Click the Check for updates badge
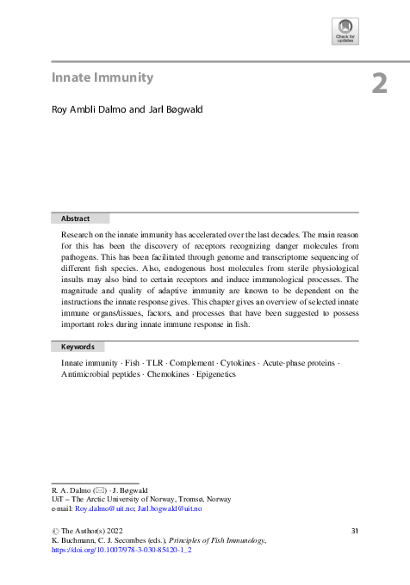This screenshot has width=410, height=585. (x=345, y=31)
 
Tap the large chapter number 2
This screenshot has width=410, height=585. (x=380, y=84)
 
